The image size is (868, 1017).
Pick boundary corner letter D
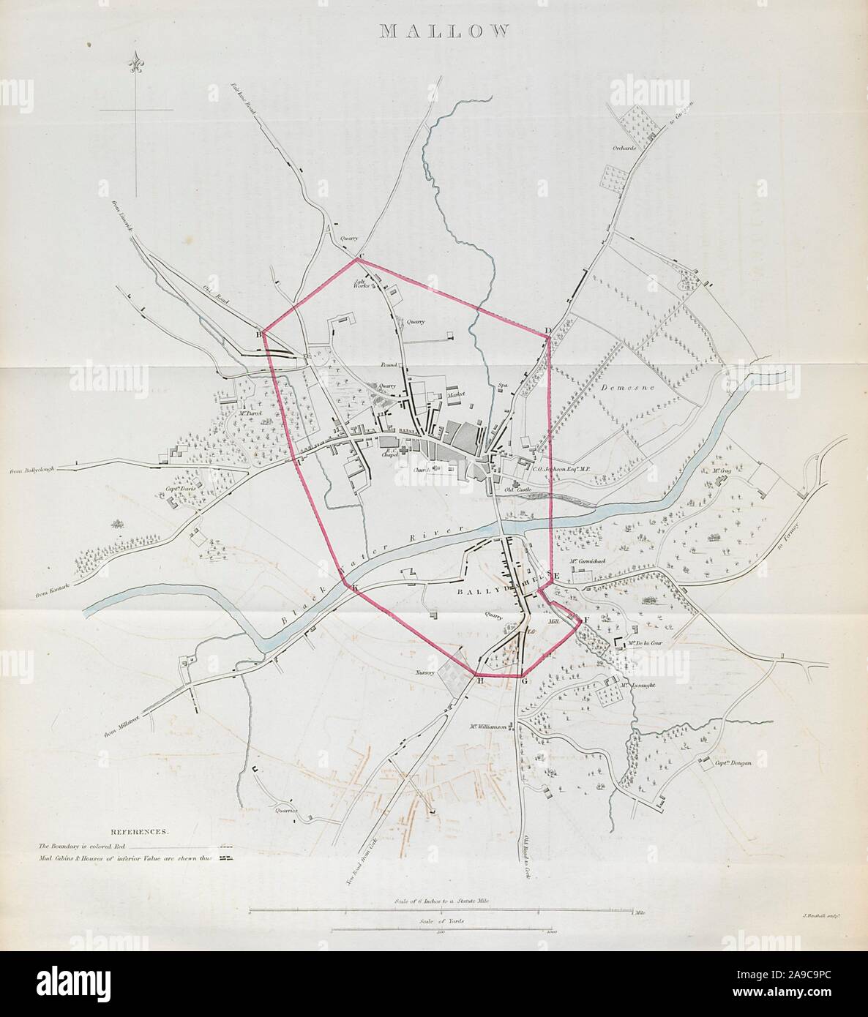click(x=547, y=331)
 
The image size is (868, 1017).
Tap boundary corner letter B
click(x=258, y=335)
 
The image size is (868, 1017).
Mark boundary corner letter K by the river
click(x=353, y=588)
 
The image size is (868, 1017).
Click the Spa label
click(x=503, y=384)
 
